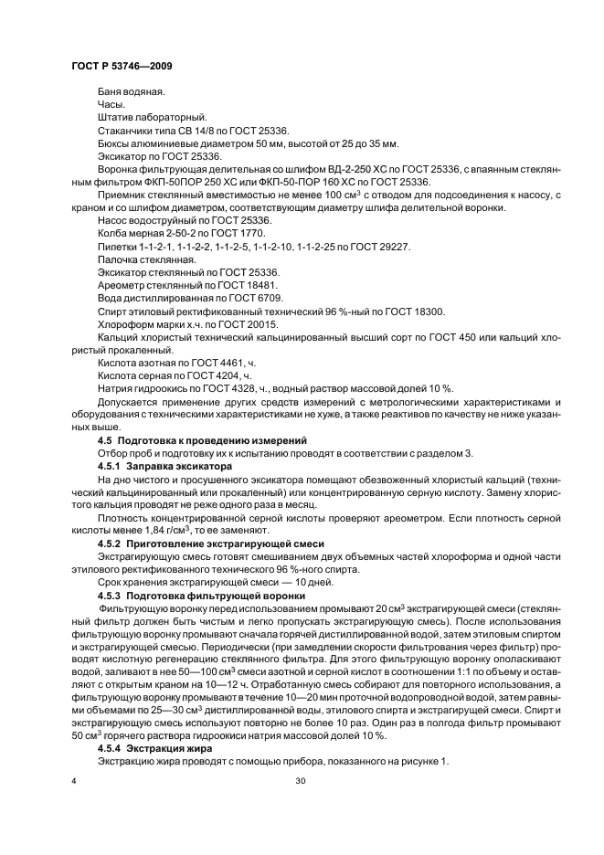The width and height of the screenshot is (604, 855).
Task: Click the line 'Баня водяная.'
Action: tap(124, 93)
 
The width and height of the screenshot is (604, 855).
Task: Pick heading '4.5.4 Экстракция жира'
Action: tap(154, 747)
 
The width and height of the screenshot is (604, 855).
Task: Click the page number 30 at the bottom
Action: tap(300, 781)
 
